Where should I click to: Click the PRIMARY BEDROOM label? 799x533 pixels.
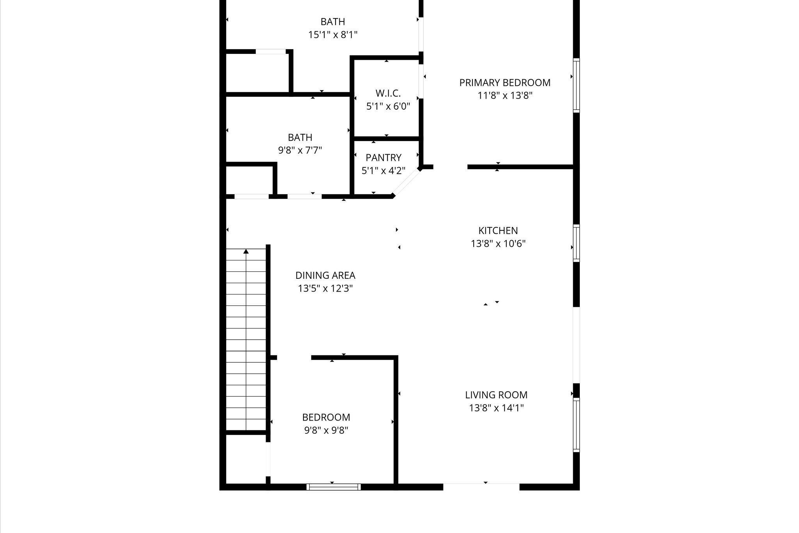click(x=505, y=83)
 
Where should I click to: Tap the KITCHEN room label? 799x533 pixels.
click(x=498, y=231)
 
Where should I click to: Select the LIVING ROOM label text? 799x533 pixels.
click(x=496, y=395)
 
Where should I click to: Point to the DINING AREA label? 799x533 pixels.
click(x=325, y=276)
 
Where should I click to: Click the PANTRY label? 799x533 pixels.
click(x=384, y=158)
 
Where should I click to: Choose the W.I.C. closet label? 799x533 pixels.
click(x=388, y=93)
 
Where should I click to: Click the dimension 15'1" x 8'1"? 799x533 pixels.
click(x=333, y=35)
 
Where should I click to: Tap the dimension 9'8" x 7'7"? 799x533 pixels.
click(x=300, y=150)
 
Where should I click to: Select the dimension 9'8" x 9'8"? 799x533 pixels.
click(x=326, y=430)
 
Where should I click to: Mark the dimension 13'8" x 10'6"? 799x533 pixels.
click(x=498, y=244)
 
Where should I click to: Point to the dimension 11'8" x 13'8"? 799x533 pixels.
click(x=505, y=96)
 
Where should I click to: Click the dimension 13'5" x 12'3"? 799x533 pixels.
click(x=325, y=289)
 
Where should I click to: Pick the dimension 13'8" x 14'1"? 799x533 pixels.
click(x=496, y=408)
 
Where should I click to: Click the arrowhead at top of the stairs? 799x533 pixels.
click(x=246, y=251)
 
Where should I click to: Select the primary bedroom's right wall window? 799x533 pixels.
click(x=576, y=86)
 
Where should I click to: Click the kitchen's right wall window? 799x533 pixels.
click(x=576, y=243)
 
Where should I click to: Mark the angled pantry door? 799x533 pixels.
click(x=406, y=182)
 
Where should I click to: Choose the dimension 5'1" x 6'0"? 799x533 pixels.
click(x=388, y=106)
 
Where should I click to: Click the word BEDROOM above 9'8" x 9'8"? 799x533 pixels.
click(x=326, y=417)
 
